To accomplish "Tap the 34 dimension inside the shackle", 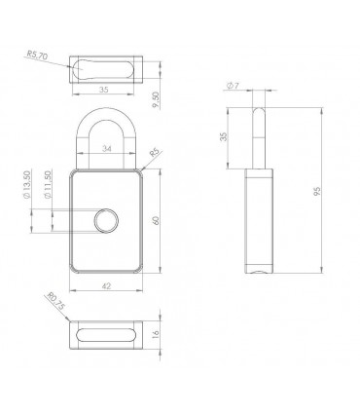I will pos(107,148).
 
